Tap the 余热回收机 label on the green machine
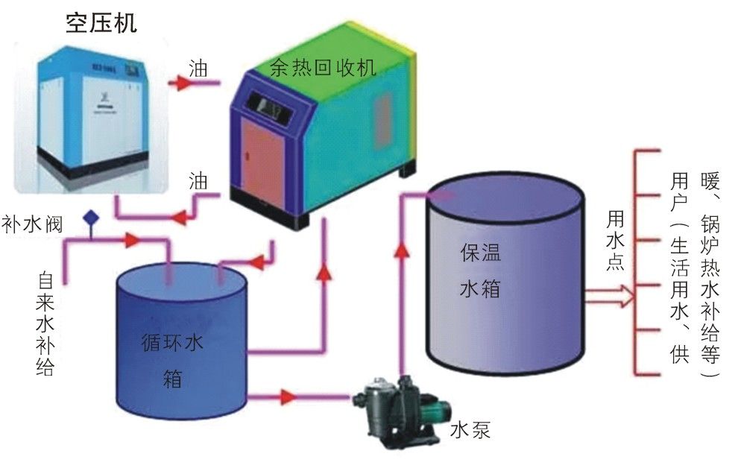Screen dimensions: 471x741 tap(322, 68)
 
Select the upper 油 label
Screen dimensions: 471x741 tap(198, 69)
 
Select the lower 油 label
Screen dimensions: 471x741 tap(198, 180)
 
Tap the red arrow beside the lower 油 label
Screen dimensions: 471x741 tap(180, 217)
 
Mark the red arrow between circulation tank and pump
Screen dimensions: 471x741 tap(288, 396)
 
